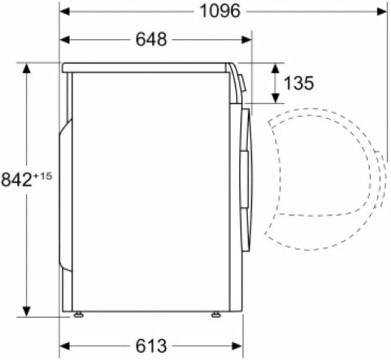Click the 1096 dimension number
click(x=220, y=11)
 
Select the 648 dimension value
click(x=151, y=39)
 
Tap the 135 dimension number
click(x=299, y=83)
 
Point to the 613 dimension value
click(x=151, y=346)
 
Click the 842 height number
click(x=17, y=180)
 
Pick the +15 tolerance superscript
click(x=43, y=177)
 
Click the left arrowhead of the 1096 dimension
click(x=65, y=11)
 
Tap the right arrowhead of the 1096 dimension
click(x=382, y=11)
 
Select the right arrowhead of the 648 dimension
click(x=247, y=40)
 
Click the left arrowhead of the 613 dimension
click(x=65, y=346)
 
